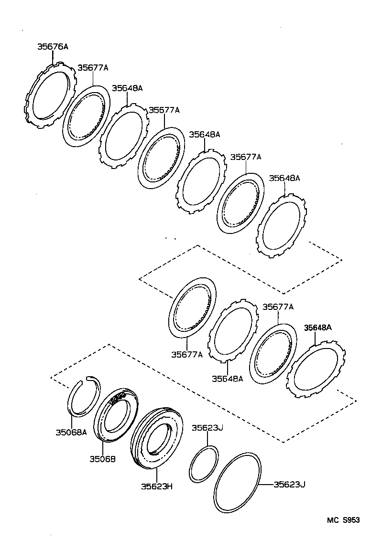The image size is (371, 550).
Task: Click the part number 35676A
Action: tap(53, 47)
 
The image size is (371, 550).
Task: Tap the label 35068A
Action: tap(71, 433)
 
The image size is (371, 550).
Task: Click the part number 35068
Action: tap(102, 459)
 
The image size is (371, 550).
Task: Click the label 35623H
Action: tap(156, 487)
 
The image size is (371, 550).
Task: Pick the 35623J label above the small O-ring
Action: tap(207, 428)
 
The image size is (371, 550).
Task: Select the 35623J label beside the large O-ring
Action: tap(289, 485)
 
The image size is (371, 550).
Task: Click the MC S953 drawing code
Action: tap(343, 520)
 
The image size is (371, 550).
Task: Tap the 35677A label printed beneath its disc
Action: tap(187, 354)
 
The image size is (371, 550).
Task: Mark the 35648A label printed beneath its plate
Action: tap(228, 379)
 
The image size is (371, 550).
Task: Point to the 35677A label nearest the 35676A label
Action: tap(93, 68)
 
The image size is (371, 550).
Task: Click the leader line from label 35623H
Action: tap(156, 476)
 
